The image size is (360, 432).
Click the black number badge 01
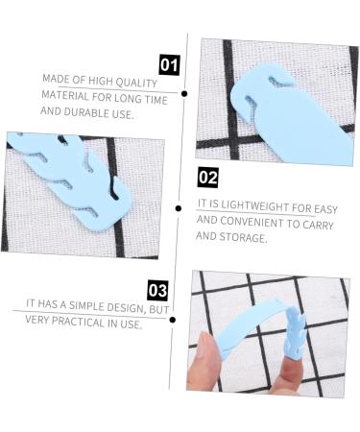pos(169,65)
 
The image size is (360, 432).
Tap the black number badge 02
pos(207,177)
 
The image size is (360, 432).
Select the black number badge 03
pos(157,290)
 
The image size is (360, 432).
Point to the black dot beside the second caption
pos(179,206)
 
